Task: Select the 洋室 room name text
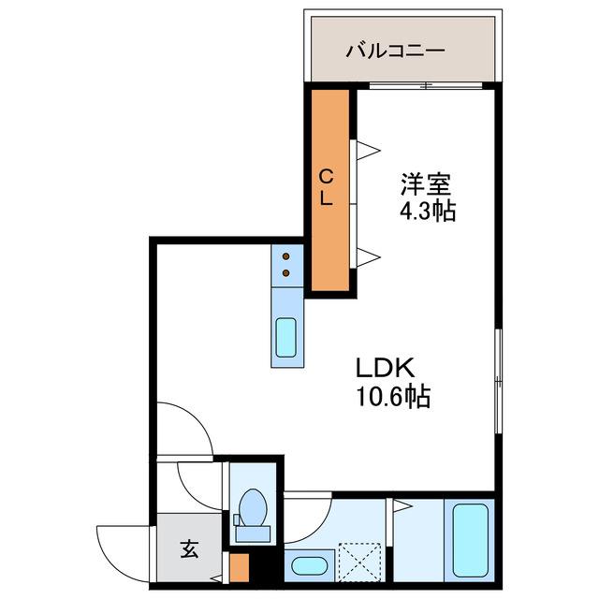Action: point(422,182)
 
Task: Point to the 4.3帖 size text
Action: point(428,211)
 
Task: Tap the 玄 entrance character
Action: point(189,549)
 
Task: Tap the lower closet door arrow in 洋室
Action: point(368,255)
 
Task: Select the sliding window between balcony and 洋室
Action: point(426,86)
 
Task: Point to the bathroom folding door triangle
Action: point(402,507)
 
